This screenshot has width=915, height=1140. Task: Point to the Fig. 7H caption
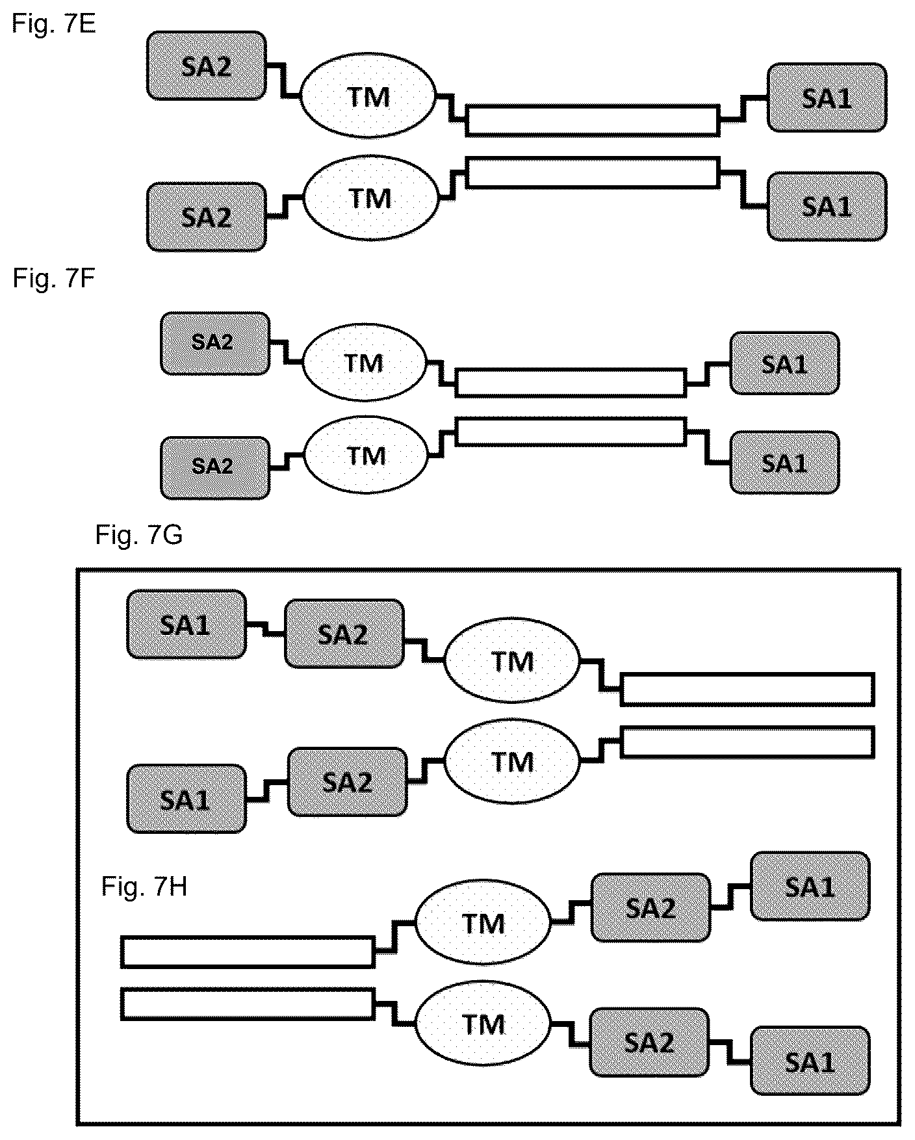pyautogui.click(x=144, y=886)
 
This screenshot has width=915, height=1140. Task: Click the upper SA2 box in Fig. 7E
pyautogui.click(x=207, y=66)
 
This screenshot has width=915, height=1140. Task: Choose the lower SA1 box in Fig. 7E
pyautogui.click(x=827, y=206)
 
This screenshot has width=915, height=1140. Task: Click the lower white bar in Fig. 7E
pyautogui.click(x=593, y=173)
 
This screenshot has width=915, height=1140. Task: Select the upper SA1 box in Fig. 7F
pyautogui.click(x=784, y=363)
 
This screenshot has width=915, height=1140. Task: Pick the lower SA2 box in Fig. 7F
pyautogui.click(x=215, y=467)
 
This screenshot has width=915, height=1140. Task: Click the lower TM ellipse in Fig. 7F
pyautogui.click(x=367, y=456)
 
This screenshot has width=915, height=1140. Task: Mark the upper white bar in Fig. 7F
pyautogui.click(x=571, y=382)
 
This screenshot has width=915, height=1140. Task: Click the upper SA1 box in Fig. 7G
pyautogui.click(x=187, y=624)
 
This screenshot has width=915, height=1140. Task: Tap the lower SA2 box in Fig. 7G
pyautogui.click(x=347, y=781)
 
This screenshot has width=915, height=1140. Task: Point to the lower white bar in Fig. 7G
pyautogui.click(x=747, y=742)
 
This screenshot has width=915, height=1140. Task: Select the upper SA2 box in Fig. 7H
pyautogui.click(x=650, y=907)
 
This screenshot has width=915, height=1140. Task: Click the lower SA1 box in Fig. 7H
pyautogui.click(x=810, y=1060)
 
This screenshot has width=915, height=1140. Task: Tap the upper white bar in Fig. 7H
pyautogui.click(x=248, y=952)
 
